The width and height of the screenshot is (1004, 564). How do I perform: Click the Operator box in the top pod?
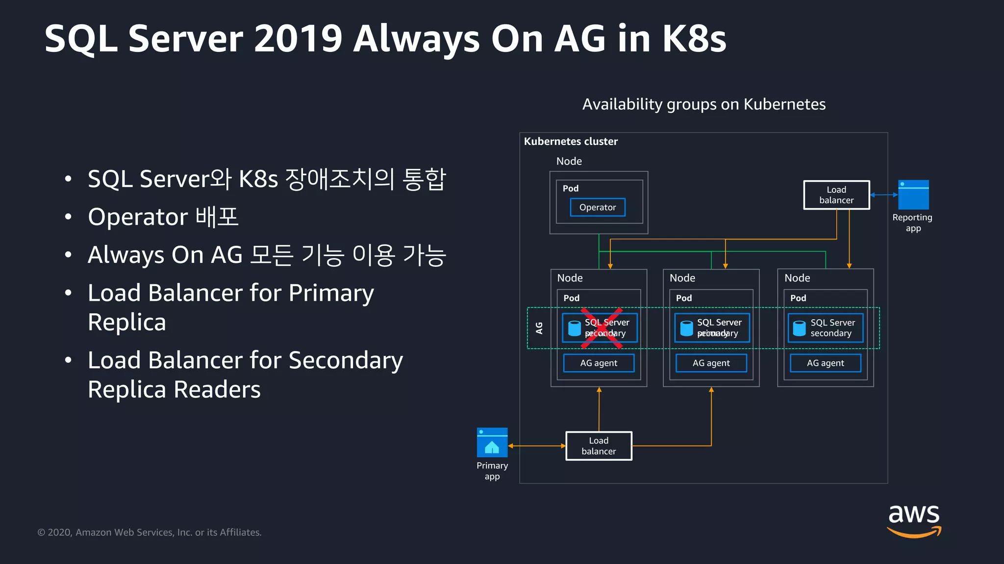point(597,207)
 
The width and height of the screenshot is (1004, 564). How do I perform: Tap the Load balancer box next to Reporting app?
point(836,195)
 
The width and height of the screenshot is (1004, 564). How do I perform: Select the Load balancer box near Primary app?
point(599,446)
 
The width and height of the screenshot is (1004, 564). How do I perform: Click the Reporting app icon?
point(913,195)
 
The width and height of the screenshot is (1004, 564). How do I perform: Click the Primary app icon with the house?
point(492,443)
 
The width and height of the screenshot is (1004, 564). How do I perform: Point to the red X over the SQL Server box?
point(601,328)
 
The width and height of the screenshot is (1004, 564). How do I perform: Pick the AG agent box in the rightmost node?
point(825,363)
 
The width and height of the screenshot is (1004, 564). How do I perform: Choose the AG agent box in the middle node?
point(711,363)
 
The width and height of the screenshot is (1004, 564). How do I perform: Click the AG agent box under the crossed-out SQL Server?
point(599,363)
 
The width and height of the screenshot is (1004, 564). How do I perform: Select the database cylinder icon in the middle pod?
point(687,328)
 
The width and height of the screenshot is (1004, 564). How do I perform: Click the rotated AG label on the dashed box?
point(539,328)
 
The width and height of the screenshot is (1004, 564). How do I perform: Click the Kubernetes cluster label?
point(571,141)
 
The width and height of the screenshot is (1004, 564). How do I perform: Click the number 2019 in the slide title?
point(298,39)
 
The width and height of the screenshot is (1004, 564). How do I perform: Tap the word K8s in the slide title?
point(694,39)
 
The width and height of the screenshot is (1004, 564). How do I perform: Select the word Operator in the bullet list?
point(138,217)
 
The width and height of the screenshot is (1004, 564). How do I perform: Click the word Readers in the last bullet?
point(217,390)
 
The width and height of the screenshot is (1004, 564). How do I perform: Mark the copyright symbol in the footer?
point(41,533)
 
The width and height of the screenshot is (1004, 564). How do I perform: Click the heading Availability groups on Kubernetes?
point(703,104)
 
